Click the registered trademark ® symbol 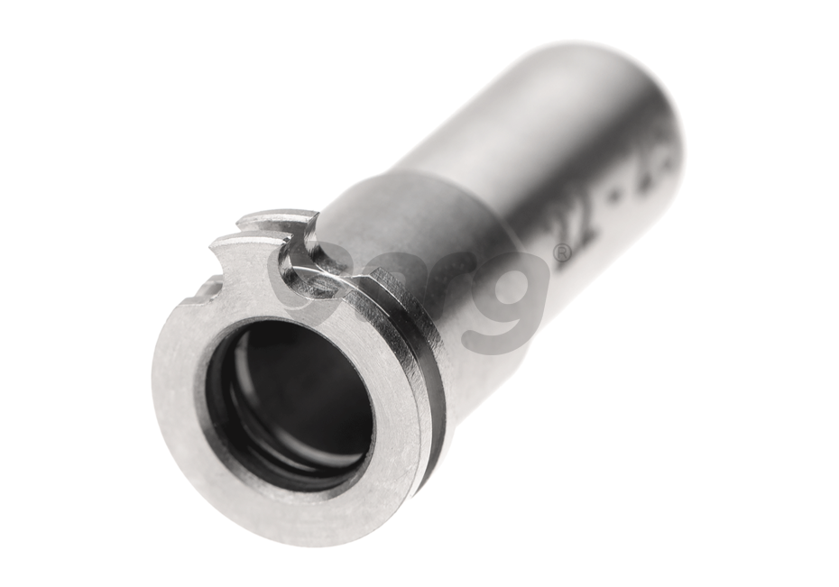[x=561, y=253]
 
